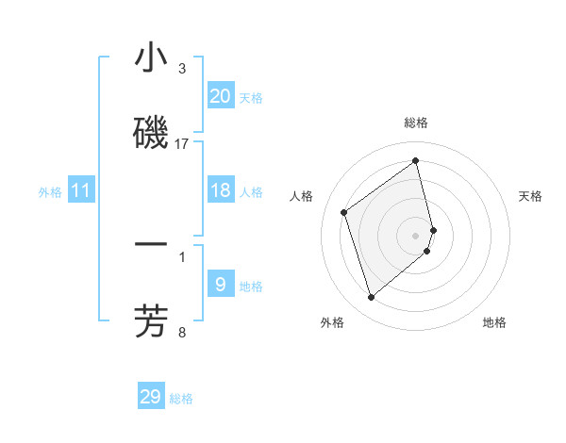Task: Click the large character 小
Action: (x=151, y=58)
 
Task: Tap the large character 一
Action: (x=151, y=245)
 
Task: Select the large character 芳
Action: (x=151, y=320)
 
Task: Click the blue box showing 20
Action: (x=220, y=95)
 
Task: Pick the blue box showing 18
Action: (x=220, y=190)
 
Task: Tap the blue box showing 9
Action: (x=220, y=283)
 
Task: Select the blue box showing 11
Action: (x=81, y=190)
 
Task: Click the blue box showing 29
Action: (x=151, y=397)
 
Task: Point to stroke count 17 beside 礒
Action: (x=182, y=143)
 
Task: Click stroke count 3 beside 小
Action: (x=182, y=69)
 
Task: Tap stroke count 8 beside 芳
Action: (x=182, y=331)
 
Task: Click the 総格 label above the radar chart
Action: (x=416, y=123)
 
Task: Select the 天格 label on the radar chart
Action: (x=531, y=196)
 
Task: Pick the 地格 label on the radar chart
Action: (x=494, y=322)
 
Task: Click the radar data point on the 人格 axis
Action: (x=344, y=212)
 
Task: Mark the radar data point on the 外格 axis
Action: (x=371, y=298)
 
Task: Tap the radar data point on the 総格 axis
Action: (x=416, y=160)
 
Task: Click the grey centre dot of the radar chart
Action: (x=416, y=234)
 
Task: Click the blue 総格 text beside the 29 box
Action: (x=181, y=399)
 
